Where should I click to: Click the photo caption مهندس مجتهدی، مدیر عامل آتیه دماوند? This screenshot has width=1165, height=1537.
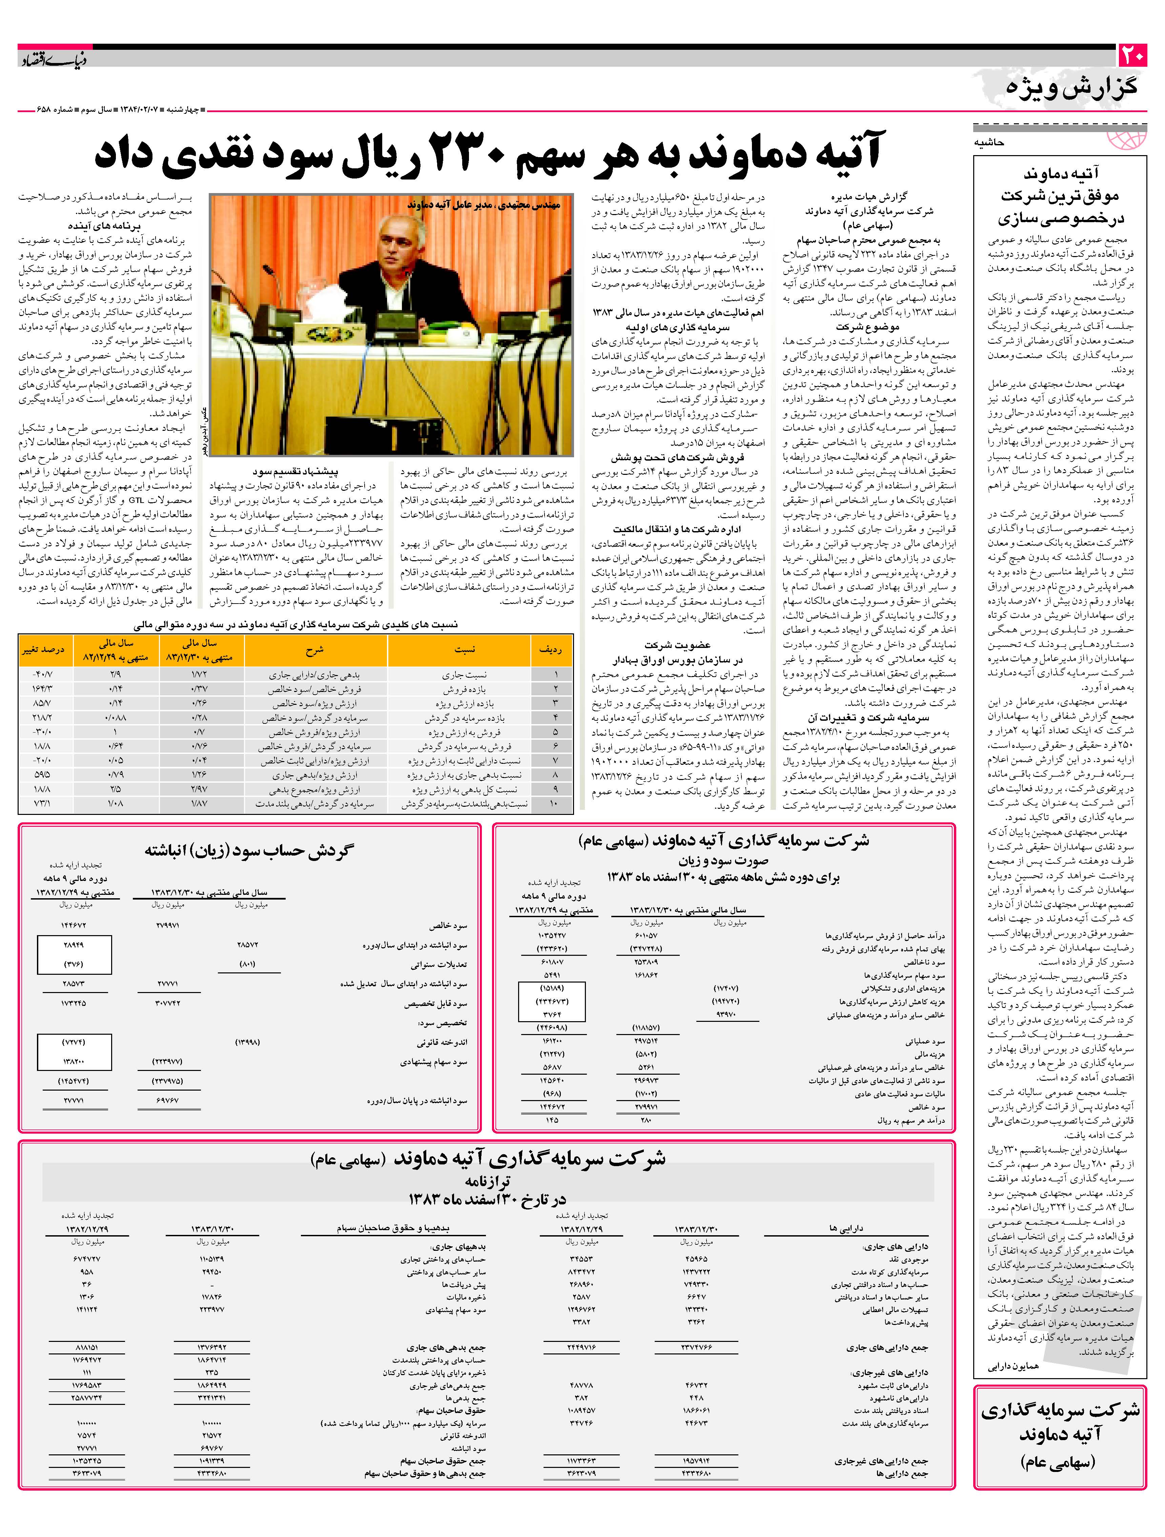(484, 206)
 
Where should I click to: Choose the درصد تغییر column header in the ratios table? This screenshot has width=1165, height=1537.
(43, 650)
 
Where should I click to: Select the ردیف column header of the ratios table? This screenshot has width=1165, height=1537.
(551, 650)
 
